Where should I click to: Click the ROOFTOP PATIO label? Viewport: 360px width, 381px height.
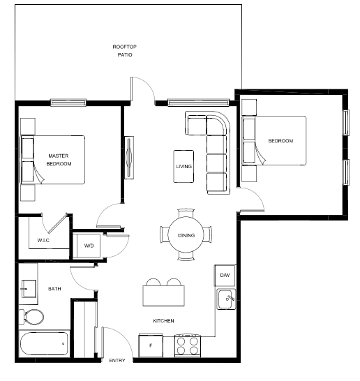coord(125,50)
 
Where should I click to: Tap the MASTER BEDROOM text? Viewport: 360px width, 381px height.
coord(59,160)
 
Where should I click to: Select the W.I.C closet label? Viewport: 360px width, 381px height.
coord(43,240)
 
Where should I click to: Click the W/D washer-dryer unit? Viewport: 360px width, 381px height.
coord(89,246)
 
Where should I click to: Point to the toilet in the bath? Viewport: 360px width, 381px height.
coord(31,317)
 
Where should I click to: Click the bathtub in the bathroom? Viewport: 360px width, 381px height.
coord(44,343)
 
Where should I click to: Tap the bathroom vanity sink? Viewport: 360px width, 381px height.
coord(29,289)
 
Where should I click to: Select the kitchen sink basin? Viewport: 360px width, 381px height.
coord(226,299)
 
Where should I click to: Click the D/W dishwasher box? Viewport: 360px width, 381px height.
coord(225,276)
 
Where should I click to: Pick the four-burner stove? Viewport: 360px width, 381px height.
coord(188,345)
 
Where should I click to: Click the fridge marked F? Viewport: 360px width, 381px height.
coord(151,345)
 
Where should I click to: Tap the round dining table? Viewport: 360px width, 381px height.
coord(186,234)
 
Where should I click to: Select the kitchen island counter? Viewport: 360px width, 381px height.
coord(164,296)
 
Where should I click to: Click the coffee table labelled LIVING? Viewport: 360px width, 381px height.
coord(183,166)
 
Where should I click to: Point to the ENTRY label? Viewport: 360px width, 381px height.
coord(117,361)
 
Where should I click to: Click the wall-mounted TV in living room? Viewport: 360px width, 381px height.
coord(129,158)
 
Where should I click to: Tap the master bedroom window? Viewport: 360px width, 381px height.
coord(68,103)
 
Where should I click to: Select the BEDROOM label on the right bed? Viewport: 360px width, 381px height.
coord(280,141)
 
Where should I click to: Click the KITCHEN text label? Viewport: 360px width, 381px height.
coord(163,321)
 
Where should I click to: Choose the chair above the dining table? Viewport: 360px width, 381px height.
coord(186,213)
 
